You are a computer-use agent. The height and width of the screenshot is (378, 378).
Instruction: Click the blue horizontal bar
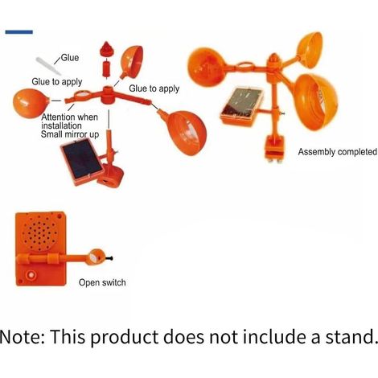pos(18,32)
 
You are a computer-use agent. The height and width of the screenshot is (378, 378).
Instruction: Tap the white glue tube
pos(48,66)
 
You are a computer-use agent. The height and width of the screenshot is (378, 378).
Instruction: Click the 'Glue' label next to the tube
pos(70,58)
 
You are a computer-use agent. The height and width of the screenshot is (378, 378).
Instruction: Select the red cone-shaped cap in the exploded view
pos(107,49)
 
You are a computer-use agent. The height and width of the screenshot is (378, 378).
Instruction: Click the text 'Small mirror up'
pos(70,134)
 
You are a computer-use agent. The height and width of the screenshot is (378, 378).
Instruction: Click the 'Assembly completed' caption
pos(338,152)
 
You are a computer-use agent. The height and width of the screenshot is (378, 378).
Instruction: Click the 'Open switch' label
pos(102,282)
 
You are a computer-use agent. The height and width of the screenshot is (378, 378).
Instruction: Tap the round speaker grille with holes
pos(40,232)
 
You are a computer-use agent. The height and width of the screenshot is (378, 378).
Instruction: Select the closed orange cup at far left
pos(31,103)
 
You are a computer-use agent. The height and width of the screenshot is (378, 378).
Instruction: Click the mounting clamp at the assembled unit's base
pos(275,148)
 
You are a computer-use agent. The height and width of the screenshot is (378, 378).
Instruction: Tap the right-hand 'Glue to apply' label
pos(154,88)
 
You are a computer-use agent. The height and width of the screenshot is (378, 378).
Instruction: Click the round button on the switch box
pos(31,275)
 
